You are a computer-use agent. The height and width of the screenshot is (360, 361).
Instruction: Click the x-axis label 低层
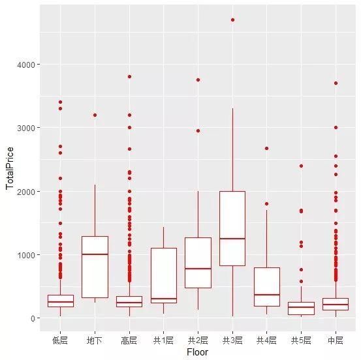click(x=61, y=340)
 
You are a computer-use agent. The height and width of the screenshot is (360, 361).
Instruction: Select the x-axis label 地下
click(x=95, y=340)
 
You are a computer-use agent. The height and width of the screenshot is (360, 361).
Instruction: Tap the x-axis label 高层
click(x=129, y=340)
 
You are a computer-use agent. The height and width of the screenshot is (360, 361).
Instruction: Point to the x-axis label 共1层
click(x=164, y=340)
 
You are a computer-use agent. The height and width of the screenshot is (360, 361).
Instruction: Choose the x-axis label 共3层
click(x=232, y=340)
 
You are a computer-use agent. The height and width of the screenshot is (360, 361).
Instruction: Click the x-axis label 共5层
click(x=301, y=340)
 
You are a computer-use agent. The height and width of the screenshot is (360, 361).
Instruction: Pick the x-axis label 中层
click(x=336, y=340)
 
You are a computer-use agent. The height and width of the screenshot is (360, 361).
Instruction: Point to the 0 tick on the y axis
click(x=38, y=318)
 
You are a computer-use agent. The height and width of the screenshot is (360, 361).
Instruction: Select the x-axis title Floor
click(x=198, y=352)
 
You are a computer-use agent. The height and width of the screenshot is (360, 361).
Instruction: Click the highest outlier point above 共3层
click(x=232, y=20)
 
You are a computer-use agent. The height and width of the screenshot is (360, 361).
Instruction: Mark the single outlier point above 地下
click(x=95, y=115)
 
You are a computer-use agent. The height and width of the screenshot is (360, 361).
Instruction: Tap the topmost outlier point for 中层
click(x=336, y=83)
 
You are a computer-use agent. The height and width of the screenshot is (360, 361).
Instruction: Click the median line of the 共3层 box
click(x=232, y=239)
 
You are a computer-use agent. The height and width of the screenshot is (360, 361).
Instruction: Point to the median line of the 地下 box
click(x=95, y=254)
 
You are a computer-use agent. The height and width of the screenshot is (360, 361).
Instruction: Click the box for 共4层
click(x=267, y=287)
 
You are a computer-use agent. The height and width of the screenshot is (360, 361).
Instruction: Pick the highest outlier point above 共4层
click(x=267, y=148)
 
